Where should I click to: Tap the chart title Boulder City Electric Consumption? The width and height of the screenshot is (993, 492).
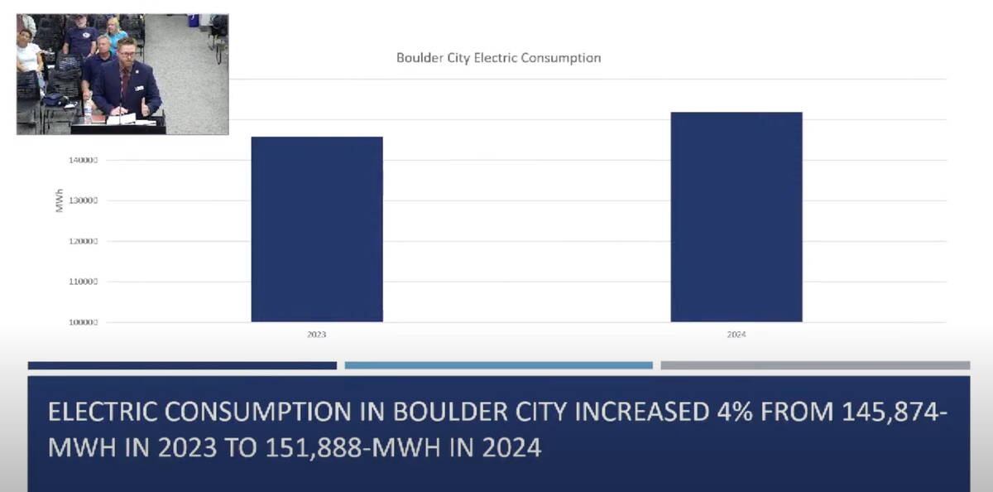[498, 58]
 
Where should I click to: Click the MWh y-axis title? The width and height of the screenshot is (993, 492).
[60, 200]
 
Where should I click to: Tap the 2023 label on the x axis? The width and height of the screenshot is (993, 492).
[317, 335]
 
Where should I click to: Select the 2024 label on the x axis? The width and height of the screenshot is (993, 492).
[736, 335]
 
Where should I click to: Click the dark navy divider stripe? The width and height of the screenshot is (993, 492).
[182, 365]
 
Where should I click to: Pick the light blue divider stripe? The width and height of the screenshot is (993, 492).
[498, 365]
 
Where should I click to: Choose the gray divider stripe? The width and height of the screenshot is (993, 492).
[815, 365]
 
